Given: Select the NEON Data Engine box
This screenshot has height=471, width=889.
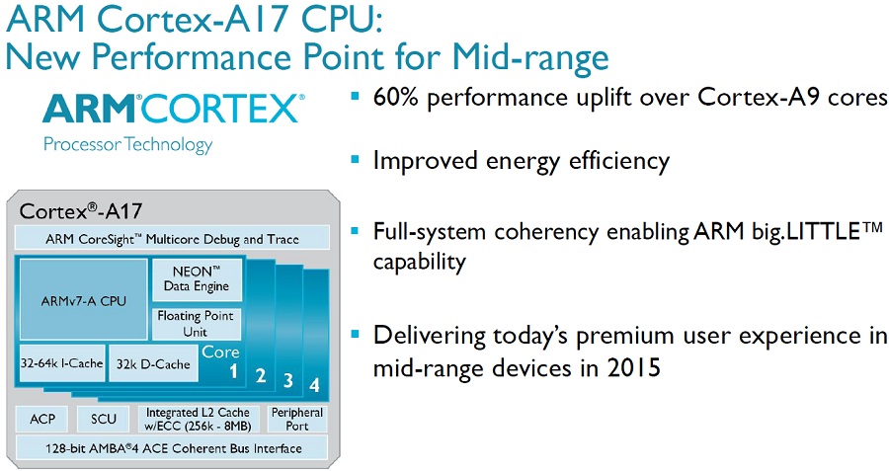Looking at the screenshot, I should [x=197, y=278].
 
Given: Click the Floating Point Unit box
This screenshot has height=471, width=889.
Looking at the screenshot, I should [x=197, y=323].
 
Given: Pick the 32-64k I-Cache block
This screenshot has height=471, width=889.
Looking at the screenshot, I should [x=61, y=364].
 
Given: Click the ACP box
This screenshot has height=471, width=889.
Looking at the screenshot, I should [x=42, y=419].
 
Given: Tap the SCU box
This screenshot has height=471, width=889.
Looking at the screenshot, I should [x=104, y=419].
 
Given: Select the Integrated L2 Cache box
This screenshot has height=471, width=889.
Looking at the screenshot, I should [x=200, y=419].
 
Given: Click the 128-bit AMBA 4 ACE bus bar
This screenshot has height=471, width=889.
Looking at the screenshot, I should [x=172, y=448].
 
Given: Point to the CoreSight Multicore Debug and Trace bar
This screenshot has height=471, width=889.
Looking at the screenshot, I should [x=172, y=239].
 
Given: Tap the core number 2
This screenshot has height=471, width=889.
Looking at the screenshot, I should [x=261, y=375].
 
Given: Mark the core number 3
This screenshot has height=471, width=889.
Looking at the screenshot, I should [x=288, y=379].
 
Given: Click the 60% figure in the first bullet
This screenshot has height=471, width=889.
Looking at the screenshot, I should [x=397, y=99].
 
